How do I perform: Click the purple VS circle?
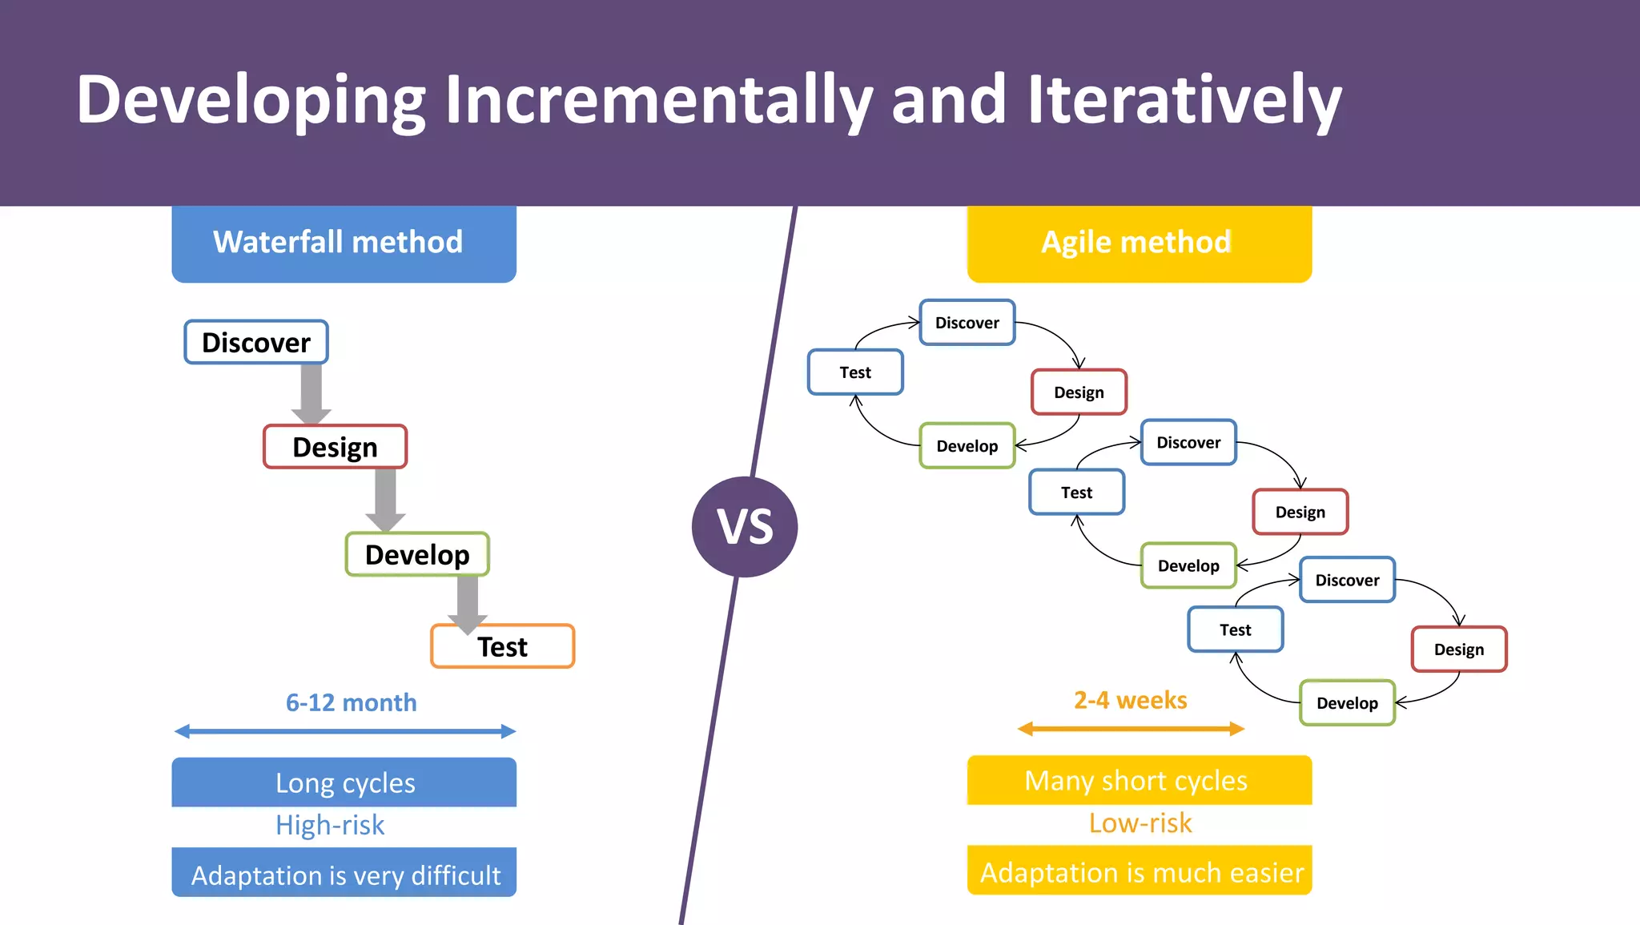[745, 526]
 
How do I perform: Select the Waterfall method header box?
[344, 243]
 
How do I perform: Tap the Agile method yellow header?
[1139, 243]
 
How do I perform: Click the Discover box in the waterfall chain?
[256, 342]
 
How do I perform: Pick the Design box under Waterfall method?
[335, 447]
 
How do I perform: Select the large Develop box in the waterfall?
[417, 554]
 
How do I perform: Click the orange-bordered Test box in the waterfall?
[503, 647]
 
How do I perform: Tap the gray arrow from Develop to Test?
[468, 602]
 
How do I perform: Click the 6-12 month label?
[351, 702]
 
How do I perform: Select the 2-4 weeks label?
[1130, 700]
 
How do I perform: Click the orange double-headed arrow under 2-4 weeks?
[1130, 729]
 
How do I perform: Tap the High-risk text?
[330, 825]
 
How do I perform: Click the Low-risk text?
[1140, 822]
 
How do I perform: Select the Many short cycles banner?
[1139, 780]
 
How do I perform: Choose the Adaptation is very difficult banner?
[344, 874]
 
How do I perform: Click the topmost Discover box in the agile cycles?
[967, 323]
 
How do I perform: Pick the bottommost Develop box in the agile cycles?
[1347, 703]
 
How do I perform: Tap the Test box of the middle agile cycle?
[1076, 493]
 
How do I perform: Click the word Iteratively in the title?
[1184, 100]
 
